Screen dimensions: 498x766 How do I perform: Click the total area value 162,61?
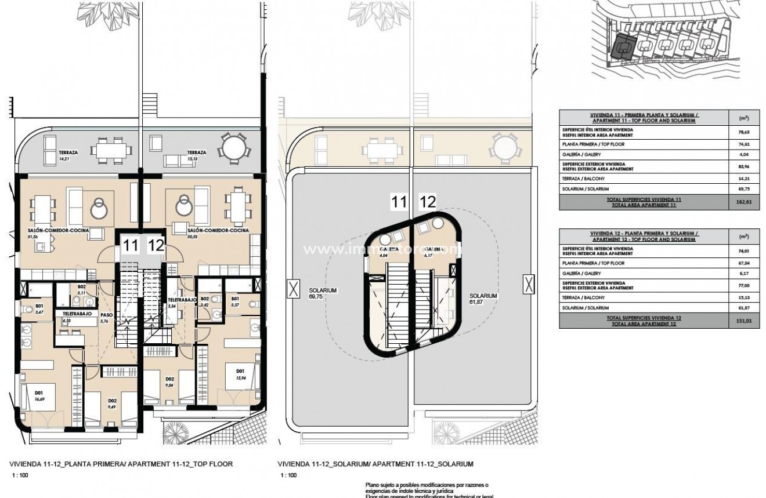(743, 202)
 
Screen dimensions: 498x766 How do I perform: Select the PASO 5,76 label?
(105, 318)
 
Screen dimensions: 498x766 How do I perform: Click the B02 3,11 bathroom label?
(82, 289)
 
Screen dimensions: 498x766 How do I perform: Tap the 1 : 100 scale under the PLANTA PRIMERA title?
(19, 475)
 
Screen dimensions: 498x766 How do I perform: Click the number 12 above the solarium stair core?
(427, 202)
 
